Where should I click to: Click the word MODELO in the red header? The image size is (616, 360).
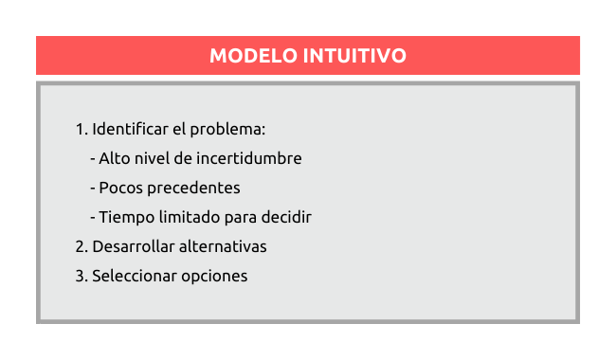pos(253,55)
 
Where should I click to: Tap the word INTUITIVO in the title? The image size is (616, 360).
pos(354,55)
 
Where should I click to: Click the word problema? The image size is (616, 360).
pos(227,130)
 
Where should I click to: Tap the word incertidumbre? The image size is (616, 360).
pos(249,158)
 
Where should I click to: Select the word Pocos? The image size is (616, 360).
pos(121,188)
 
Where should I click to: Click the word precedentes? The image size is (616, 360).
pos(193,189)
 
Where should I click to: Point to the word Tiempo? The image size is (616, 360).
pos(126,218)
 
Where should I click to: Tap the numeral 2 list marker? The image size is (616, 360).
pos(82,246)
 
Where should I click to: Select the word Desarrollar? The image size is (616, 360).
pos(134,246)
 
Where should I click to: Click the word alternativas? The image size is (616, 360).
pos(223,246)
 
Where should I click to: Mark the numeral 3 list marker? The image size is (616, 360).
pos(82,276)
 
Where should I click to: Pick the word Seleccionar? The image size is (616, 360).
pos(135,276)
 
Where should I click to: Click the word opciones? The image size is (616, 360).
pos(214,277)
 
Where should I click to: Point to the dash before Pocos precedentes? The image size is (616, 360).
pos(93,189)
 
